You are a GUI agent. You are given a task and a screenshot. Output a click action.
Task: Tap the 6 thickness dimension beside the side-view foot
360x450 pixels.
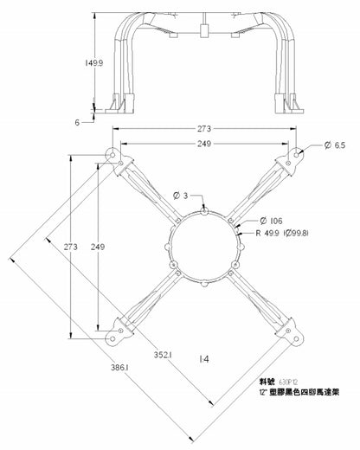click(77, 122)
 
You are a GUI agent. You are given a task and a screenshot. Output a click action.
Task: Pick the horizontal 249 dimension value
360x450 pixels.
click(204, 143)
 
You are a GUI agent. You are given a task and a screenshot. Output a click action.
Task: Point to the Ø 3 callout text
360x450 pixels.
click(180, 195)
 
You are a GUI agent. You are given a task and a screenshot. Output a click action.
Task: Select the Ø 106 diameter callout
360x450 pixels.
click(271, 222)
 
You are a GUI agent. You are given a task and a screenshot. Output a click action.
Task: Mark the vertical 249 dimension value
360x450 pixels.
click(98, 247)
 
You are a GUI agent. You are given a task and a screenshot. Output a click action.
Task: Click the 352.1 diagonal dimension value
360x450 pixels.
click(162, 354)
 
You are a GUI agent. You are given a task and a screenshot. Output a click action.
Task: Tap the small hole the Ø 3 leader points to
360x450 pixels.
click(204, 209)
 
